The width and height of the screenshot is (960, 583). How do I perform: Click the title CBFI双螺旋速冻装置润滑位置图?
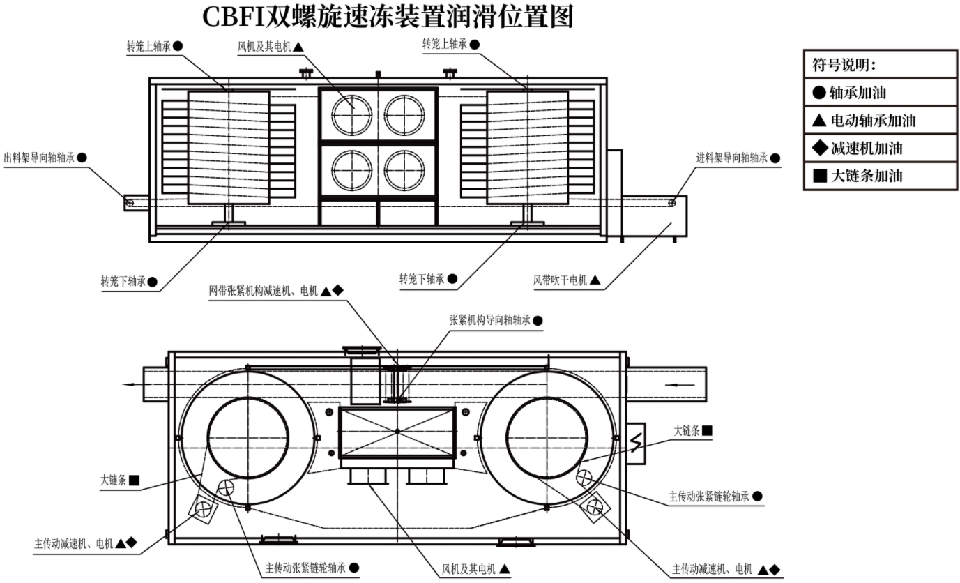[388, 17]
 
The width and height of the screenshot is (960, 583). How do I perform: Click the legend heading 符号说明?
[844, 65]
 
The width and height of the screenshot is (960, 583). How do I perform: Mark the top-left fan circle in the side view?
[351, 114]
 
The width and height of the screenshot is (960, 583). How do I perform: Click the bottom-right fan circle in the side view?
[404, 170]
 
